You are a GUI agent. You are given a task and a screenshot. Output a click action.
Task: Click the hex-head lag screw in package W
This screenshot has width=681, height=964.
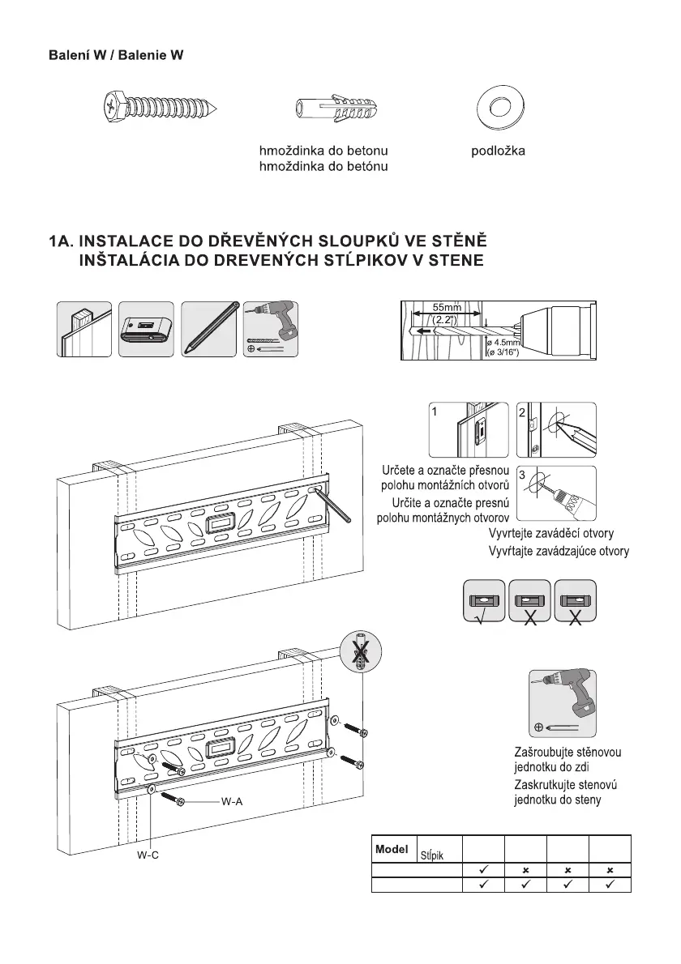click(161, 106)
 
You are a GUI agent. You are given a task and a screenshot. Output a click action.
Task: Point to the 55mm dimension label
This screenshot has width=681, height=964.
click(446, 308)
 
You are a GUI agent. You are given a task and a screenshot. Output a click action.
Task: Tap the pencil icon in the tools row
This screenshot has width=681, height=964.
click(209, 327)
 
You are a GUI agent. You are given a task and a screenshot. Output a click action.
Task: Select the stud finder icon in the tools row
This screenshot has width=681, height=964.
click(147, 329)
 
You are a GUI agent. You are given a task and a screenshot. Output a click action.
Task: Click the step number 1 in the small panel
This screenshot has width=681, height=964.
click(435, 412)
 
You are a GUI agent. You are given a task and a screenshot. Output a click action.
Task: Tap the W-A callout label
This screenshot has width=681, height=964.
click(232, 801)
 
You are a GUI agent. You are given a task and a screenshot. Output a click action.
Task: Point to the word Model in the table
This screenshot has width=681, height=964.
click(392, 851)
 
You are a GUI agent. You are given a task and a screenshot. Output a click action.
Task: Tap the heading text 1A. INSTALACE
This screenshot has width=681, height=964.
click(268, 242)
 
